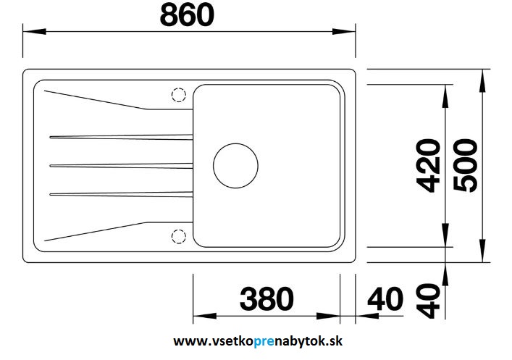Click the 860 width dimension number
click(x=187, y=15)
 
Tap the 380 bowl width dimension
click(x=267, y=299)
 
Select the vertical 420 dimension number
click(x=429, y=165)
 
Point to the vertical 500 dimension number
click(x=466, y=165)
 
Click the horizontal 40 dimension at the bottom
click(x=385, y=299)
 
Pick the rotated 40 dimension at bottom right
click(x=429, y=301)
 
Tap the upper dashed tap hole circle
click(x=179, y=95)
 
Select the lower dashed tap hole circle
click(x=179, y=237)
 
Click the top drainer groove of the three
click(x=121, y=137)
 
